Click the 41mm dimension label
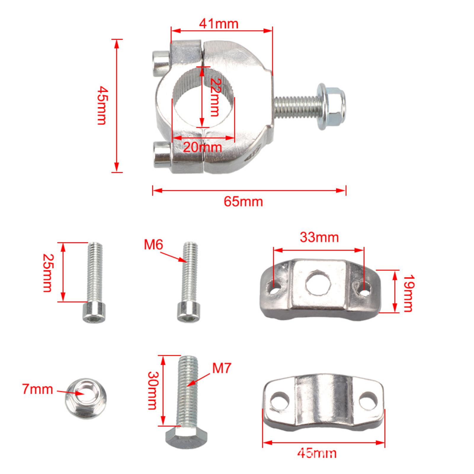click(219, 24)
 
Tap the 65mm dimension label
click(243, 202)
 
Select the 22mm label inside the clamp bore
click(214, 97)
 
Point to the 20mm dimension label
click(202, 147)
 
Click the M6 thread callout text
click(153, 245)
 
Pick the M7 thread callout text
click(221, 368)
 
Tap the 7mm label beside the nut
click(38, 389)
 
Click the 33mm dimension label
click(319, 237)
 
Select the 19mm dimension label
click(408, 293)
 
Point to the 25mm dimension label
click(48, 273)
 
